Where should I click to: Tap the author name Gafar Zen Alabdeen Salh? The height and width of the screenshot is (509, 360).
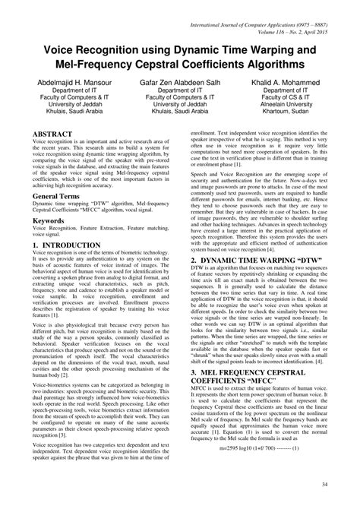pyautogui.click(x=179, y=81)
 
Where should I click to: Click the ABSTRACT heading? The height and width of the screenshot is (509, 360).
pyautogui.click(x=52, y=134)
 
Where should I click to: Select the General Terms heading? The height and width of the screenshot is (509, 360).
pyautogui.click(x=61, y=196)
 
